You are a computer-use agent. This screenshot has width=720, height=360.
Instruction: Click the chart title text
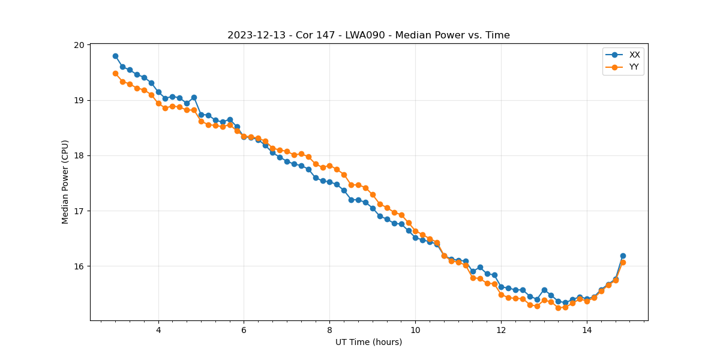[x=368, y=35]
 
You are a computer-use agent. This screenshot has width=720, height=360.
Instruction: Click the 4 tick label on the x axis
[x=158, y=330]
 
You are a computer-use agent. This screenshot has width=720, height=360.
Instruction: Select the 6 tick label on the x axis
[x=244, y=330]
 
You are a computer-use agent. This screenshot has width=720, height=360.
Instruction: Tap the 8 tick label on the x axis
[x=329, y=330]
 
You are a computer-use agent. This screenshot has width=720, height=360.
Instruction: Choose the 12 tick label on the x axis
[x=501, y=330]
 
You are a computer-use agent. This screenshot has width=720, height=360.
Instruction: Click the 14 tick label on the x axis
[x=587, y=330]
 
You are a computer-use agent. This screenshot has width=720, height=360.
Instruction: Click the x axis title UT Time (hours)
[x=368, y=342]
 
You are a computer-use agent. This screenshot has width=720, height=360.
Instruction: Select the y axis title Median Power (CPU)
[x=65, y=182]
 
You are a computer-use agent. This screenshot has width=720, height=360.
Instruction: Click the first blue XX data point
[x=115, y=56]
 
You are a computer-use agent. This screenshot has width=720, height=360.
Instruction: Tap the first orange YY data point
[x=115, y=73]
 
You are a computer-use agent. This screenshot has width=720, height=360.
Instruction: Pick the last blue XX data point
[x=623, y=256]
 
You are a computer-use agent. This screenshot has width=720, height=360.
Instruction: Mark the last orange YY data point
[x=623, y=262]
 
